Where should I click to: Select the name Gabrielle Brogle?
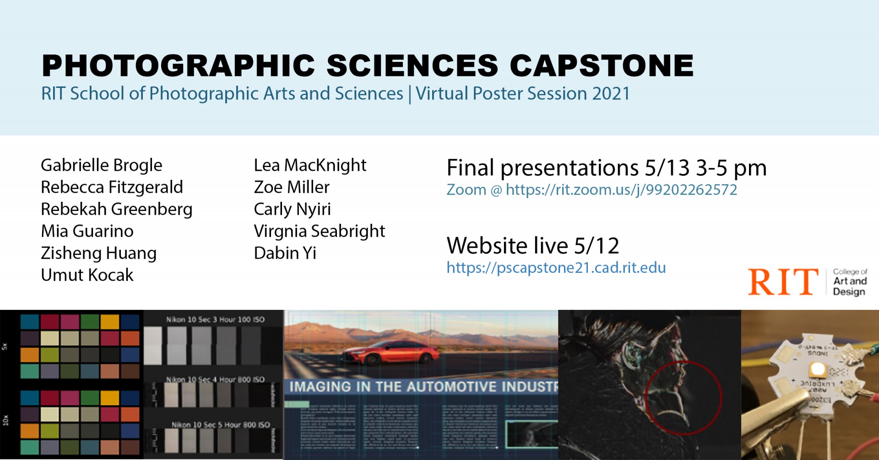101,165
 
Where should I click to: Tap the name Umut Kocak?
87,275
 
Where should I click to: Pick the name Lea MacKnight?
310,165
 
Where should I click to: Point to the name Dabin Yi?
285,253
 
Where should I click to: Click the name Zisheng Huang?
98,253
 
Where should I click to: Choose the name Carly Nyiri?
292,209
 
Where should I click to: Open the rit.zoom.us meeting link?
621,190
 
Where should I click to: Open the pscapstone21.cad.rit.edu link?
556,268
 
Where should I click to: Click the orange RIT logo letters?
783,282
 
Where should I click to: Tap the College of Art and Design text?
850,281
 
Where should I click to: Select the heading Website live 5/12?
532,246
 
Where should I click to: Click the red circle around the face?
683,397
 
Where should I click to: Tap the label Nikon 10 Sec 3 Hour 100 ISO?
215,319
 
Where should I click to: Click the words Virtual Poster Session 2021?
522,94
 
